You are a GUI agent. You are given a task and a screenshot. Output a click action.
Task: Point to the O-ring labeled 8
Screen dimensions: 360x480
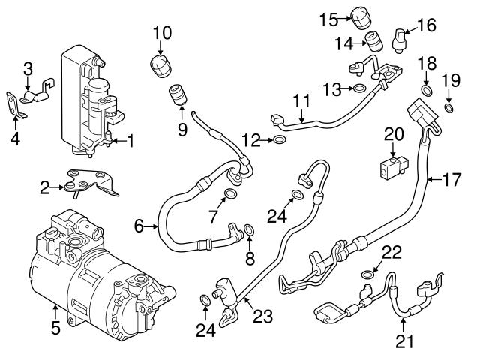pyautogui.click(x=249, y=228)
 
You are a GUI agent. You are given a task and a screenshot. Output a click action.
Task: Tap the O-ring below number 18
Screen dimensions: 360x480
pyautogui.click(x=427, y=91)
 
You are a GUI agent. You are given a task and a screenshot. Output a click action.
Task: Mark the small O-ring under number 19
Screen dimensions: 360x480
pyautogui.click(x=449, y=109)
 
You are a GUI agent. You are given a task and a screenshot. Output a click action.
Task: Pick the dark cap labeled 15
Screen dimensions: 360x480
pyautogui.click(x=364, y=14)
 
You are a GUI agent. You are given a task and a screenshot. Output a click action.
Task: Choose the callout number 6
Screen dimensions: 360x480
pyautogui.click(x=139, y=224)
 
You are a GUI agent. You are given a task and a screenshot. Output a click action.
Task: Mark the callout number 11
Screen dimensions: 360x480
pyautogui.click(x=301, y=100)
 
